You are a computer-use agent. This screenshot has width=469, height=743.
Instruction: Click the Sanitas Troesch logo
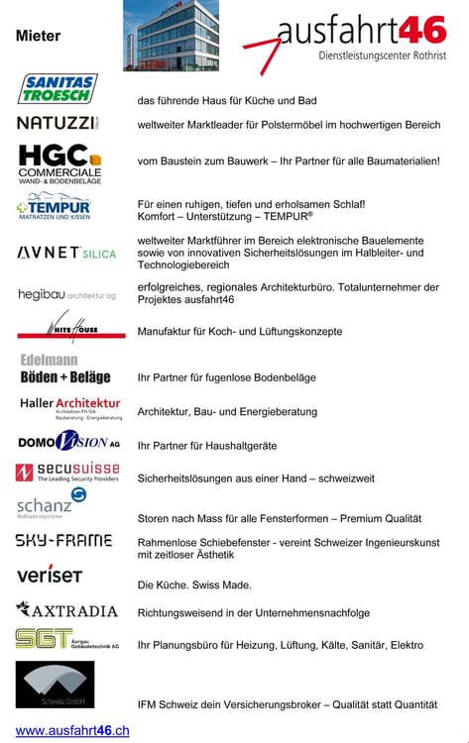(x=58, y=88)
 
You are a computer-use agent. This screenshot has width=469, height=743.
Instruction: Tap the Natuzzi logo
(x=58, y=123)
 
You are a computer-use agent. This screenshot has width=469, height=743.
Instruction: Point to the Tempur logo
(x=55, y=209)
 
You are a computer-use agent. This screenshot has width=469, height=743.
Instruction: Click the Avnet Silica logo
(x=66, y=253)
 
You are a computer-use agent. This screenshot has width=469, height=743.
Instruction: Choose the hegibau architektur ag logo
(x=66, y=294)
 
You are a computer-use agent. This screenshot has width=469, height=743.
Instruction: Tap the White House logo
(x=71, y=327)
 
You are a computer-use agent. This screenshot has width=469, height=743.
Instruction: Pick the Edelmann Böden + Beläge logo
(x=64, y=369)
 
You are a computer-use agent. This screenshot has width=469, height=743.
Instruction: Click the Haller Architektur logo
(x=70, y=407)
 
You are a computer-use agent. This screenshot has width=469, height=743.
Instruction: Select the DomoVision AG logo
(x=69, y=441)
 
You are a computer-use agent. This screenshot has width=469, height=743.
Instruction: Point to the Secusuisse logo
(x=67, y=472)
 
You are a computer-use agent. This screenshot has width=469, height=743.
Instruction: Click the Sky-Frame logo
(x=63, y=540)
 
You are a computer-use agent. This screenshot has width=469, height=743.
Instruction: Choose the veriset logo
(x=50, y=575)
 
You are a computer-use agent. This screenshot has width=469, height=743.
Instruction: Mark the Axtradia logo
(x=66, y=609)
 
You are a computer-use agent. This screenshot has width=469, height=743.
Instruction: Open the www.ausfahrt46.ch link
(x=72, y=730)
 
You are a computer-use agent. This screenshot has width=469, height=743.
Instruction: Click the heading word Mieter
(x=38, y=36)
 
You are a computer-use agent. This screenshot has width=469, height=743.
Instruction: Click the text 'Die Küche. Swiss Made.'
(x=194, y=584)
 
